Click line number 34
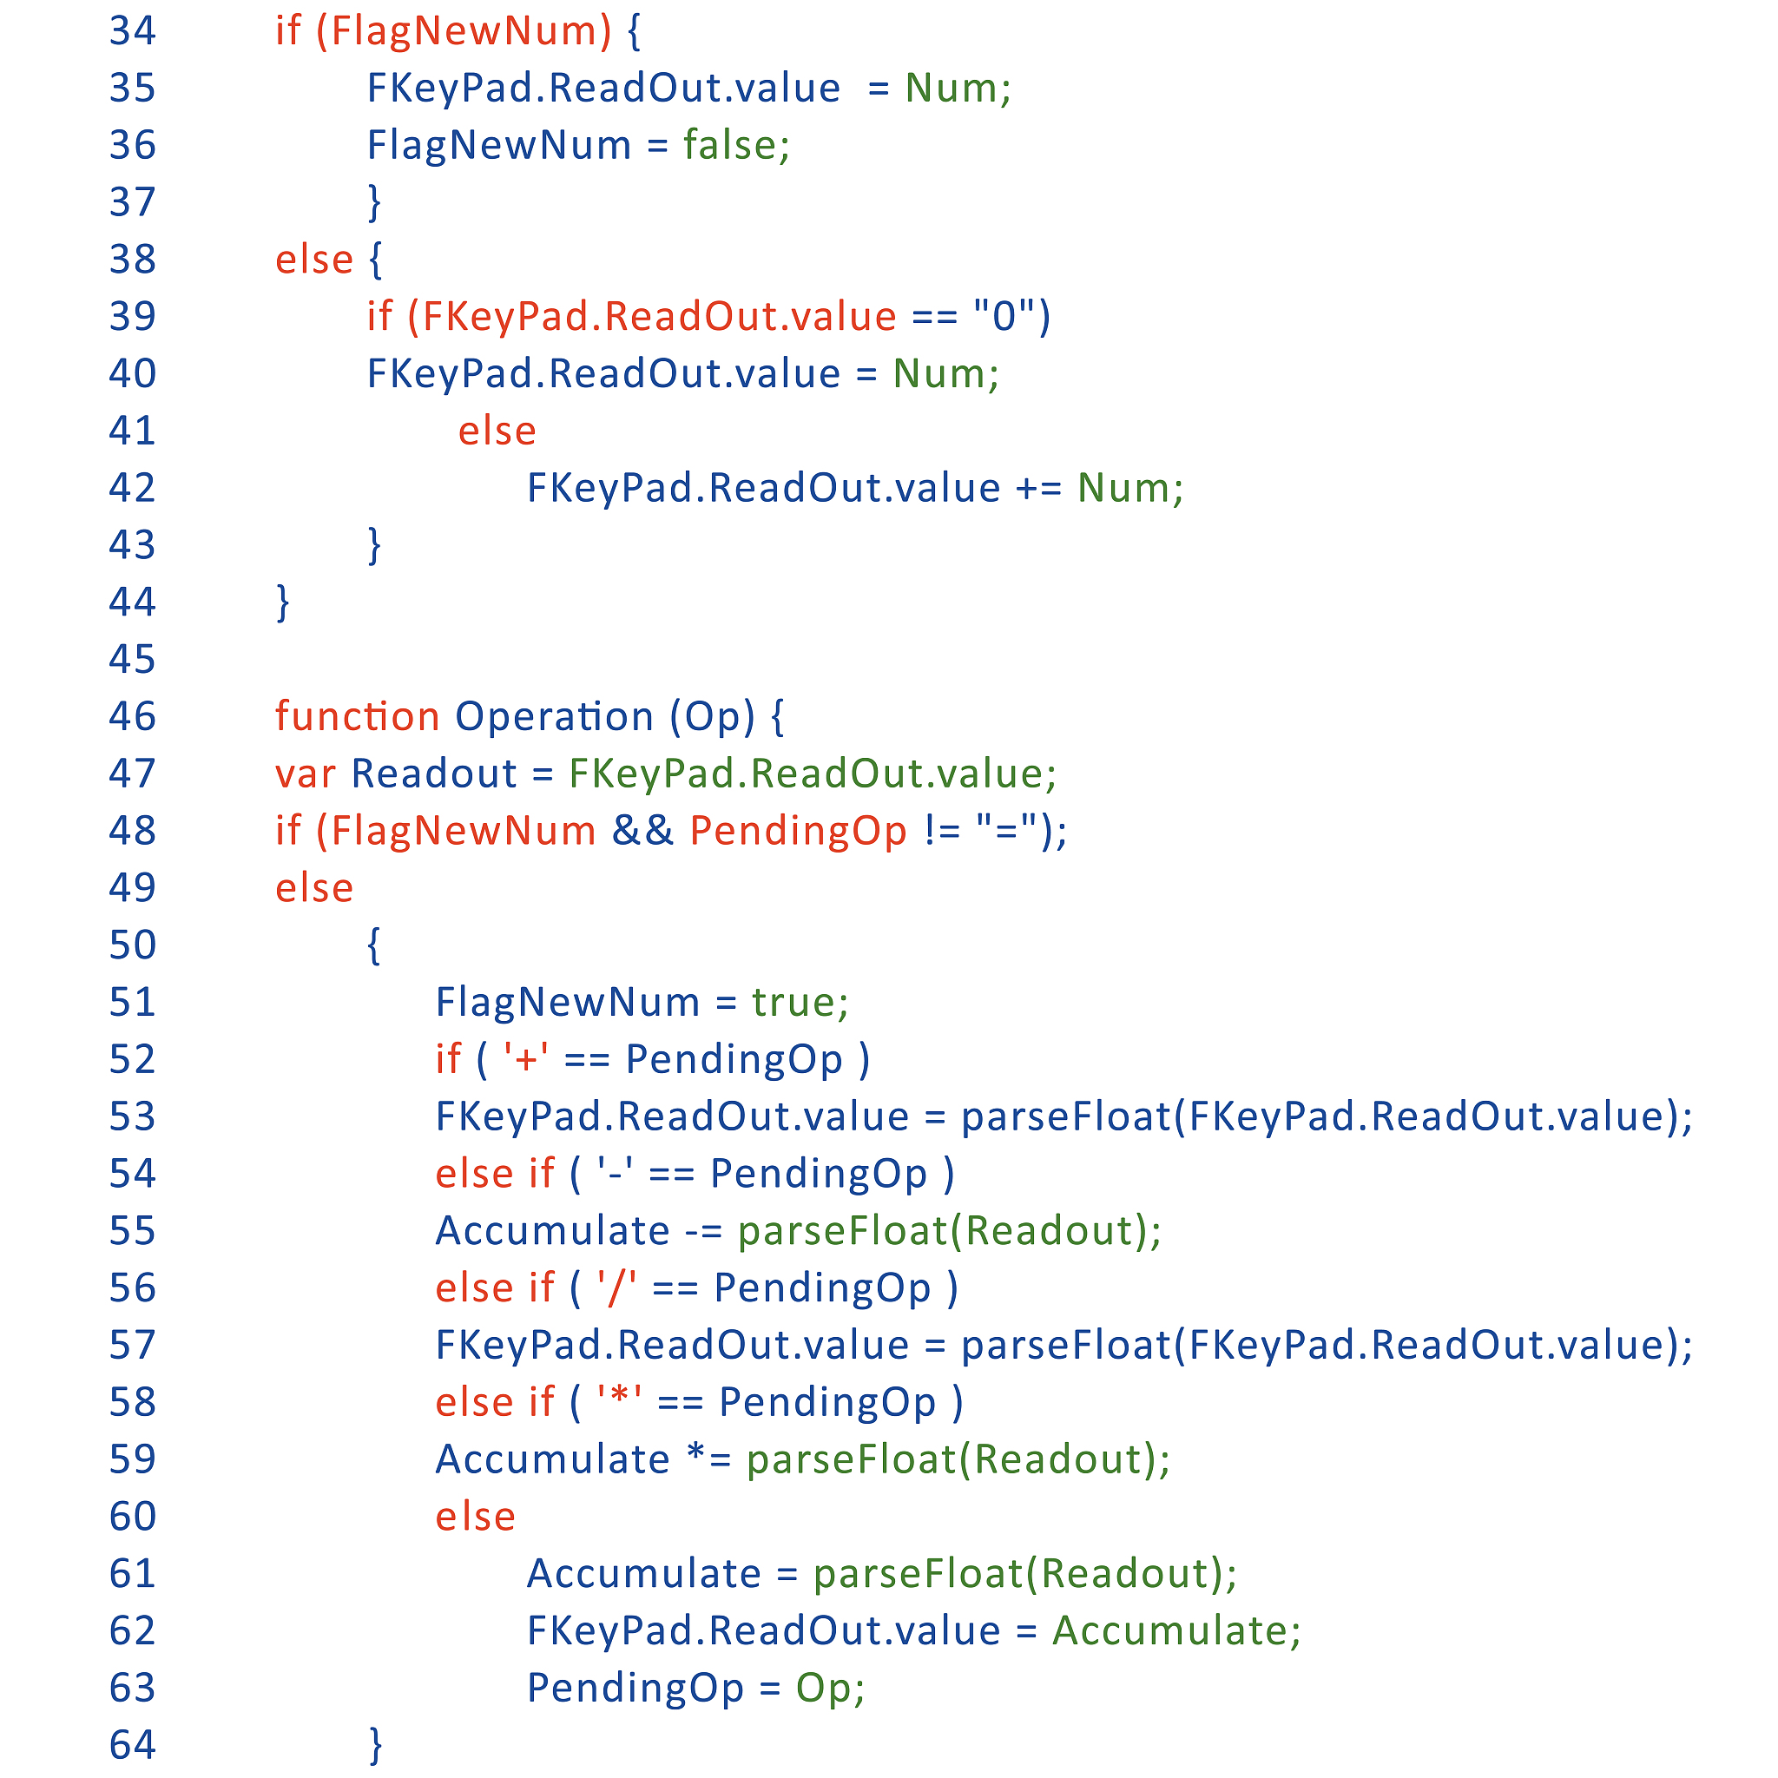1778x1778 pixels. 133,31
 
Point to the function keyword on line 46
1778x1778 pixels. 357,716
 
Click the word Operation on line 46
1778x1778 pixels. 554,716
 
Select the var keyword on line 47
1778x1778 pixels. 306,773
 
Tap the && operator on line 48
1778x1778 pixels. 642,830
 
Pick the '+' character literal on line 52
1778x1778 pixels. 526,1059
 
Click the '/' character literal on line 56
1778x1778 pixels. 616,1287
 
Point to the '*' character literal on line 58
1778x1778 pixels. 618,1401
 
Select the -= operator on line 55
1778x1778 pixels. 704,1230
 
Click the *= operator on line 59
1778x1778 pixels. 708,1459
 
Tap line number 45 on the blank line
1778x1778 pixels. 133,659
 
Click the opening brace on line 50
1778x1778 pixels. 373,945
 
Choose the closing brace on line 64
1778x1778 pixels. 374,1744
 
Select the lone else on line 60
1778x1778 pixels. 475,1516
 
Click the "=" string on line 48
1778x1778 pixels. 1008,830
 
